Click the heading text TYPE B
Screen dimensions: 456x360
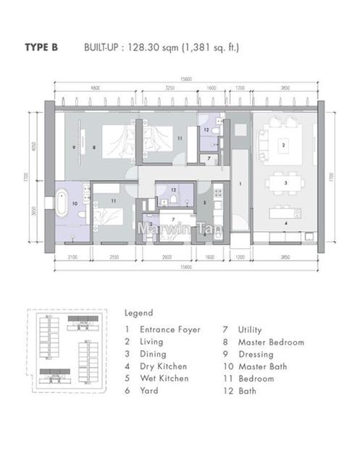click(x=42, y=48)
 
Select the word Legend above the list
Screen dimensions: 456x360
click(x=138, y=313)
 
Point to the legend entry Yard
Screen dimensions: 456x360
click(x=150, y=391)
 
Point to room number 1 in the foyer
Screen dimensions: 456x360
click(x=240, y=185)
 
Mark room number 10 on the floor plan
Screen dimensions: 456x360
click(x=73, y=203)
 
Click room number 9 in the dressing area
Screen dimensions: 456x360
click(x=75, y=147)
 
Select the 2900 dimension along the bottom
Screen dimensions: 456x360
click(x=166, y=258)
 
